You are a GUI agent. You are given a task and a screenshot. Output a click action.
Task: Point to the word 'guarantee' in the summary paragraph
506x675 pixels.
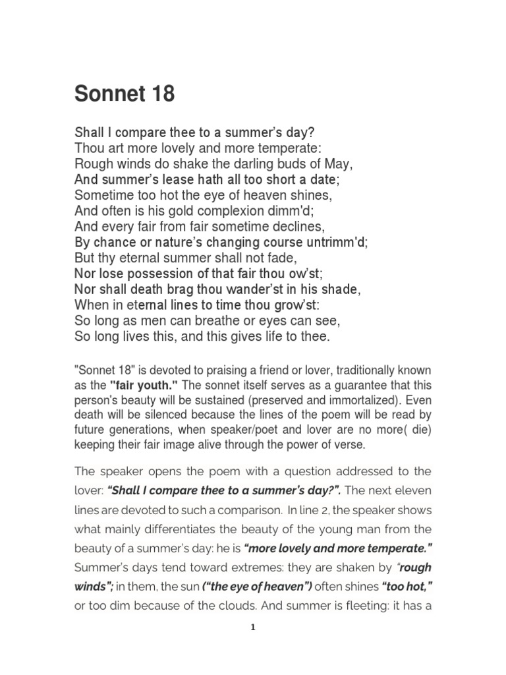click(x=351, y=386)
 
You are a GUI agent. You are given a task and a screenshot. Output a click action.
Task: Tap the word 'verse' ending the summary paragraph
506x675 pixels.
click(x=349, y=444)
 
